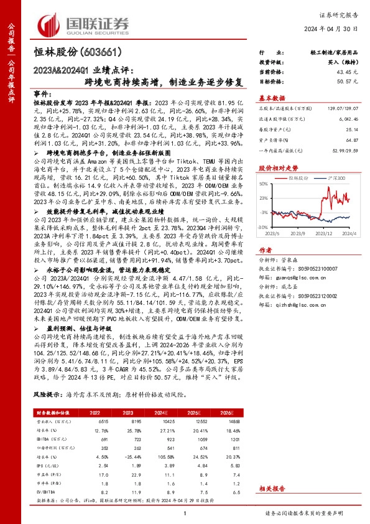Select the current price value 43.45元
348,73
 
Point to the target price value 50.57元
348,82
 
